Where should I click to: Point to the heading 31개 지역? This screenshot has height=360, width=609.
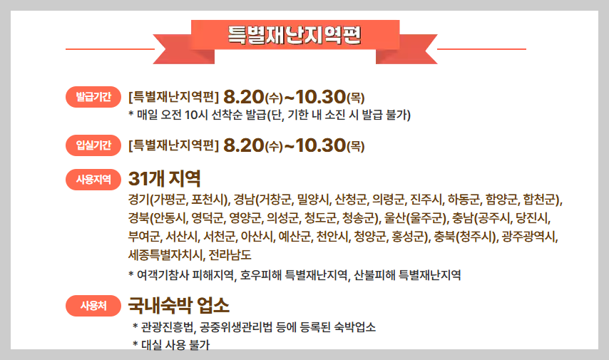coord(165,178)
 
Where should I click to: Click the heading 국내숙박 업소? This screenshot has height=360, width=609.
coord(179,306)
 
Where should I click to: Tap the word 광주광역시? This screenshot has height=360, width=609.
coord(530,236)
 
